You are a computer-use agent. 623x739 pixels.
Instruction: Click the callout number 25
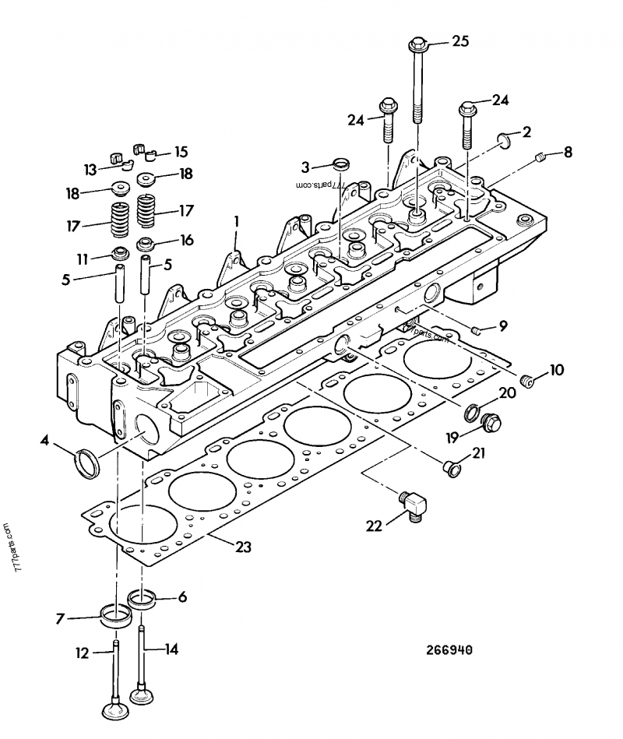(x=460, y=41)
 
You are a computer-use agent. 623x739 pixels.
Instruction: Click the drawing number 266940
(x=449, y=650)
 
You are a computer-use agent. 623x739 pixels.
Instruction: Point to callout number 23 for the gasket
(x=243, y=547)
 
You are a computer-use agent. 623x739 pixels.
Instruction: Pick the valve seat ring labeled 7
(x=116, y=615)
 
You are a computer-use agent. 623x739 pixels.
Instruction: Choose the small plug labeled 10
(x=526, y=380)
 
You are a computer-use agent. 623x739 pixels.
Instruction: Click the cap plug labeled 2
(x=504, y=141)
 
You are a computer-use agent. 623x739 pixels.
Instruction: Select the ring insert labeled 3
(x=341, y=165)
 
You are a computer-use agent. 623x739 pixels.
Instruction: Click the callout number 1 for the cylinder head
(x=237, y=220)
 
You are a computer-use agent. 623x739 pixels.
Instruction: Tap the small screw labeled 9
(x=476, y=330)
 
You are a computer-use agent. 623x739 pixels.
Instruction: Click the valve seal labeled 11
(x=120, y=253)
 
